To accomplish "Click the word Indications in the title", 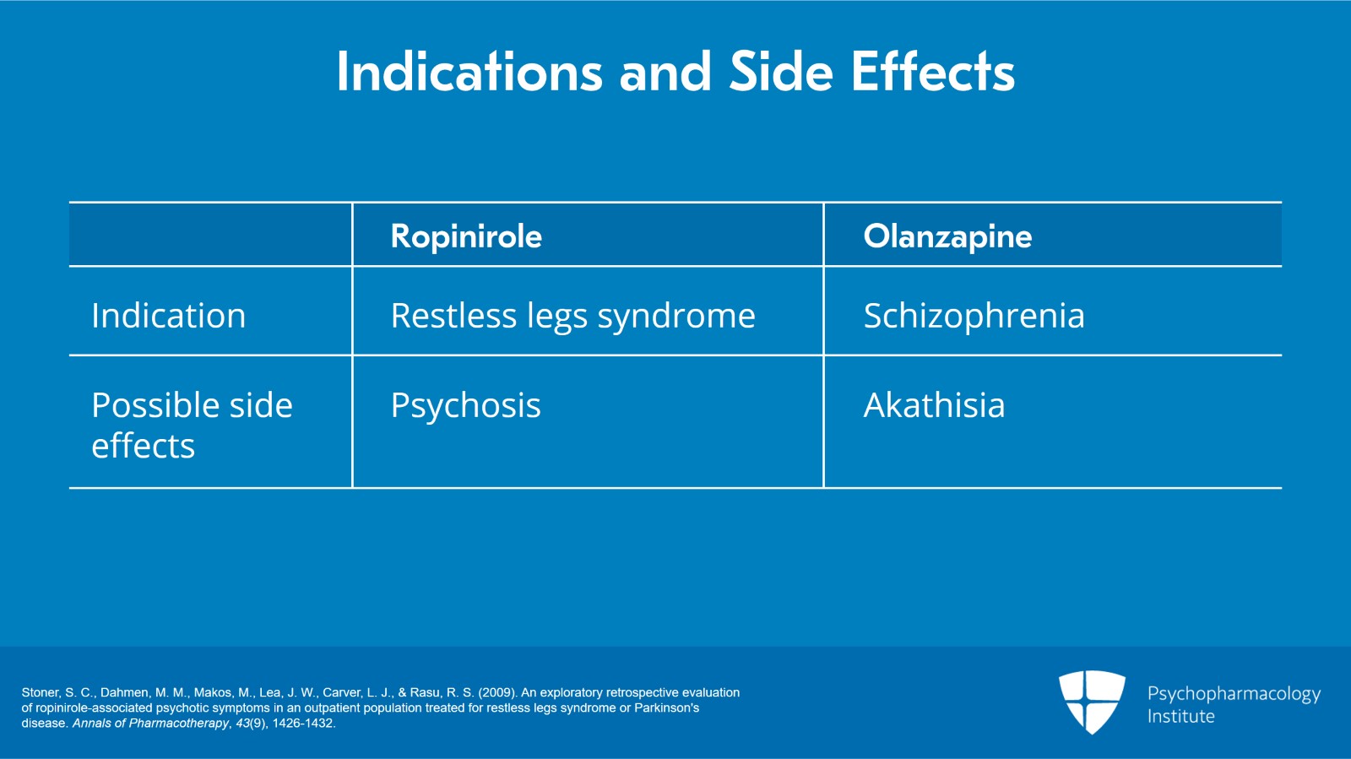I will [469, 72].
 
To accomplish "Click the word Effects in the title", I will [932, 72].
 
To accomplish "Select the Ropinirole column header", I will [466, 236].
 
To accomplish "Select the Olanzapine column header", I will [947, 236].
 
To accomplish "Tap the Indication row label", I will [169, 316].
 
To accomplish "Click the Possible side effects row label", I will [192, 425].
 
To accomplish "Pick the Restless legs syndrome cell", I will [572, 316].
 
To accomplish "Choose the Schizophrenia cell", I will [974, 316].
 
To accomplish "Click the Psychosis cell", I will [465, 406].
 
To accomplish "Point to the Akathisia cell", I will [934, 406].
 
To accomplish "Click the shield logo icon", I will [1092, 701].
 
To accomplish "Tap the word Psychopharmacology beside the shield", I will [1234, 694].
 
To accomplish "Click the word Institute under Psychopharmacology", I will [1180, 717].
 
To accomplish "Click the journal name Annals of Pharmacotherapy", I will [150, 724].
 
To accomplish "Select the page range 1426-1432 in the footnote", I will [303, 724].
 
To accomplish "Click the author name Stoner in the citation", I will [40, 692].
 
